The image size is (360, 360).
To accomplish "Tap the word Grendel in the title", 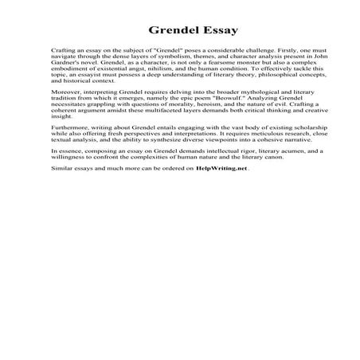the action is (155, 33).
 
